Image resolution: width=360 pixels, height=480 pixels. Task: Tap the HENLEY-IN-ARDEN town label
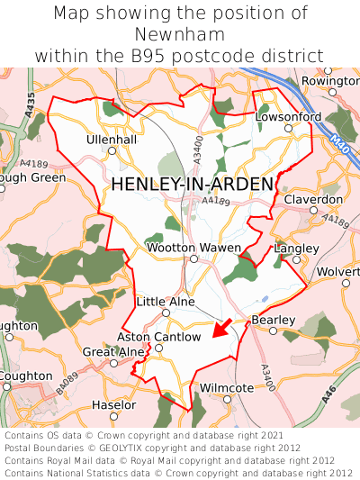click(192, 185)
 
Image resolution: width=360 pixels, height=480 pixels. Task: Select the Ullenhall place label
click(112, 140)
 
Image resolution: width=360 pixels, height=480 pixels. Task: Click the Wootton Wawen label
click(193, 248)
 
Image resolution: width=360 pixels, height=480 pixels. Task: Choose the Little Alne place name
click(165, 302)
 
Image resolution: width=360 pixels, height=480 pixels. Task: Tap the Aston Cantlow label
click(158, 337)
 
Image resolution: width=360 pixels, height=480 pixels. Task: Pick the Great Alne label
click(113, 351)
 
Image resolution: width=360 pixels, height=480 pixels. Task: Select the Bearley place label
click(274, 320)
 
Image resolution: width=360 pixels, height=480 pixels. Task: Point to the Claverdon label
click(312, 199)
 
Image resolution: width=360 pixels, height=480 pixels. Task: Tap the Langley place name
click(296, 248)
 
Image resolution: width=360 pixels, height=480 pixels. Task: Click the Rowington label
click(331, 80)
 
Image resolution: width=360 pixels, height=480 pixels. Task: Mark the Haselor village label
click(114, 405)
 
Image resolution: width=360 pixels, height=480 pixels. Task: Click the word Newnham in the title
click(179, 34)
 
